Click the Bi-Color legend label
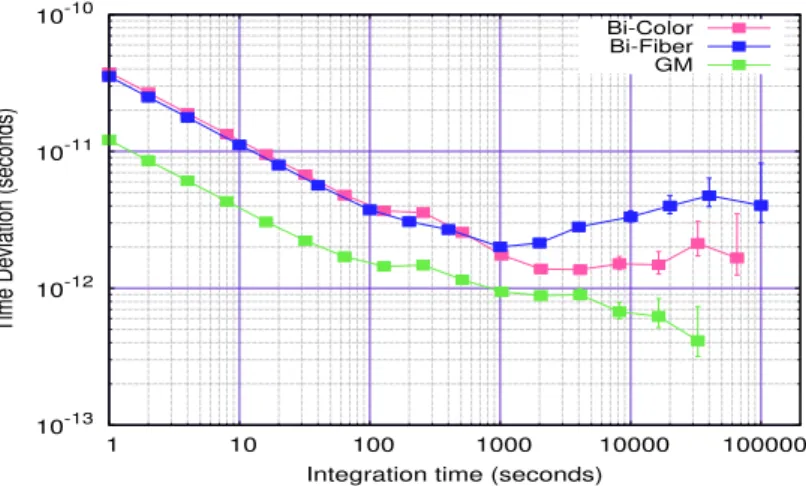pyautogui.click(x=650, y=27)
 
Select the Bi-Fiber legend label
pyautogui.click(x=651, y=46)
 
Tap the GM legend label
pyautogui.click(x=674, y=65)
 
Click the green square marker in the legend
pyautogui.click(x=739, y=65)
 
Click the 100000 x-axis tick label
pyautogui.click(x=764, y=443)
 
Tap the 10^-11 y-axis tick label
pyautogui.click(x=64, y=151)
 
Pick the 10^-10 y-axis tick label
pyautogui.click(x=64, y=15)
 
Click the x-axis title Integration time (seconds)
pyautogui.click(x=454, y=474)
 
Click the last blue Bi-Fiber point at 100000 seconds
pyautogui.click(x=761, y=205)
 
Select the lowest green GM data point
pyautogui.click(x=698, y=340)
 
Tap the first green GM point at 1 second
pyautogui.click(x=109, y=140)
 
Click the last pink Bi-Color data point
pyautogui.click(x=737, y=258)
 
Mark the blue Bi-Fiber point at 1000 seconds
pyautogui.click(x=500, y=247)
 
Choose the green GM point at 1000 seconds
pyautogui.click(x=501, y=292)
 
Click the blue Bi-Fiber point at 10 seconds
pyautogui.click(x=240, y=145)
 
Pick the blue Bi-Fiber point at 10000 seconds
pyautogui.click(x=631, y=217)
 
